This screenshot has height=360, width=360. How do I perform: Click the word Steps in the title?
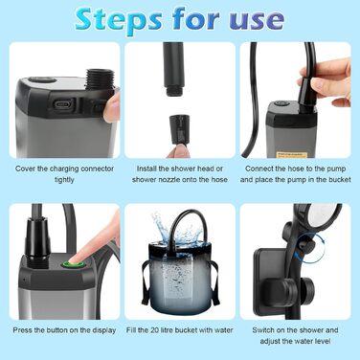pyautogui.click(x=119, y=20)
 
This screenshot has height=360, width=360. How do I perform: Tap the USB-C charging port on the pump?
pyautogui.click(x=63, y=104)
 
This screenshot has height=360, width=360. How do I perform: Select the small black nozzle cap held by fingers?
pyautogui.click(x=178, y=129)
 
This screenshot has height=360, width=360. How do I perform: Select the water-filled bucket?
pyautogui.click(x=180, y=276)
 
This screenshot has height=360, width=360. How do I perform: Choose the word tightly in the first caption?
pyautogui.click(x=64, y=180)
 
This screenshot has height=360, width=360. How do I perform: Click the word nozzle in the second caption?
pyautogui.click(x=172, y=180)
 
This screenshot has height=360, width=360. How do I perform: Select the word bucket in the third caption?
pyautogui.click(x=340, y=179)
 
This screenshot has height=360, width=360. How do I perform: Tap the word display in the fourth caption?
pyautogui.click(x=104, y=330)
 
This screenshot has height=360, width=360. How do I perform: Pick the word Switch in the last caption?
pyautogui.click(x=262, y=330)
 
